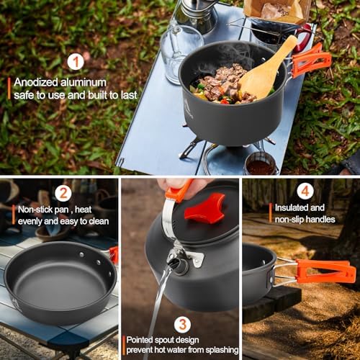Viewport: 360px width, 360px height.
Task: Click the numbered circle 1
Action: click(x=76, y=62)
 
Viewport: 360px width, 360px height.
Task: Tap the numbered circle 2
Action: click(x=63, y=192)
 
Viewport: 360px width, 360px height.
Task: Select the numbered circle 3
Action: click(x=183, y=324)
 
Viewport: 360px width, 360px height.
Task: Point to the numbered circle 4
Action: click(x=306, y=192)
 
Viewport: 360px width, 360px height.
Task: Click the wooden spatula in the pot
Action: click(x=266, y=71)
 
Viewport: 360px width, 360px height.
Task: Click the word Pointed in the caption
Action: click(x=144, y=340)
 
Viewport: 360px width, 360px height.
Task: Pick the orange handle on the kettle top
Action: click(x=177, y=192)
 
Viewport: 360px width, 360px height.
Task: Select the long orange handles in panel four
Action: click(x=324, y=271)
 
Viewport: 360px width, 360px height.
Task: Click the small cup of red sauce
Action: click(x=260, y=166)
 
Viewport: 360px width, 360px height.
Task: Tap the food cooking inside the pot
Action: click(x=220, y=84)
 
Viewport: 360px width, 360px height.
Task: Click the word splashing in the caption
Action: click(x=217, y=351)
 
